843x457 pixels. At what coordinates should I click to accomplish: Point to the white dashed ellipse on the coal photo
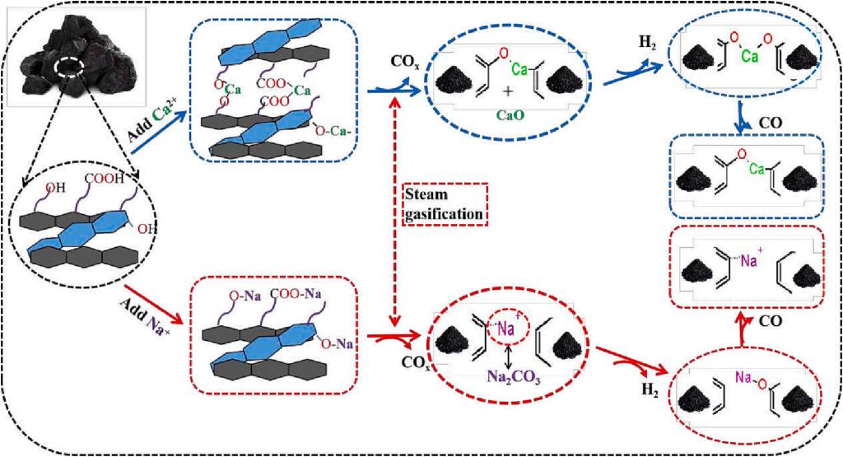(x=67, y=67)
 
